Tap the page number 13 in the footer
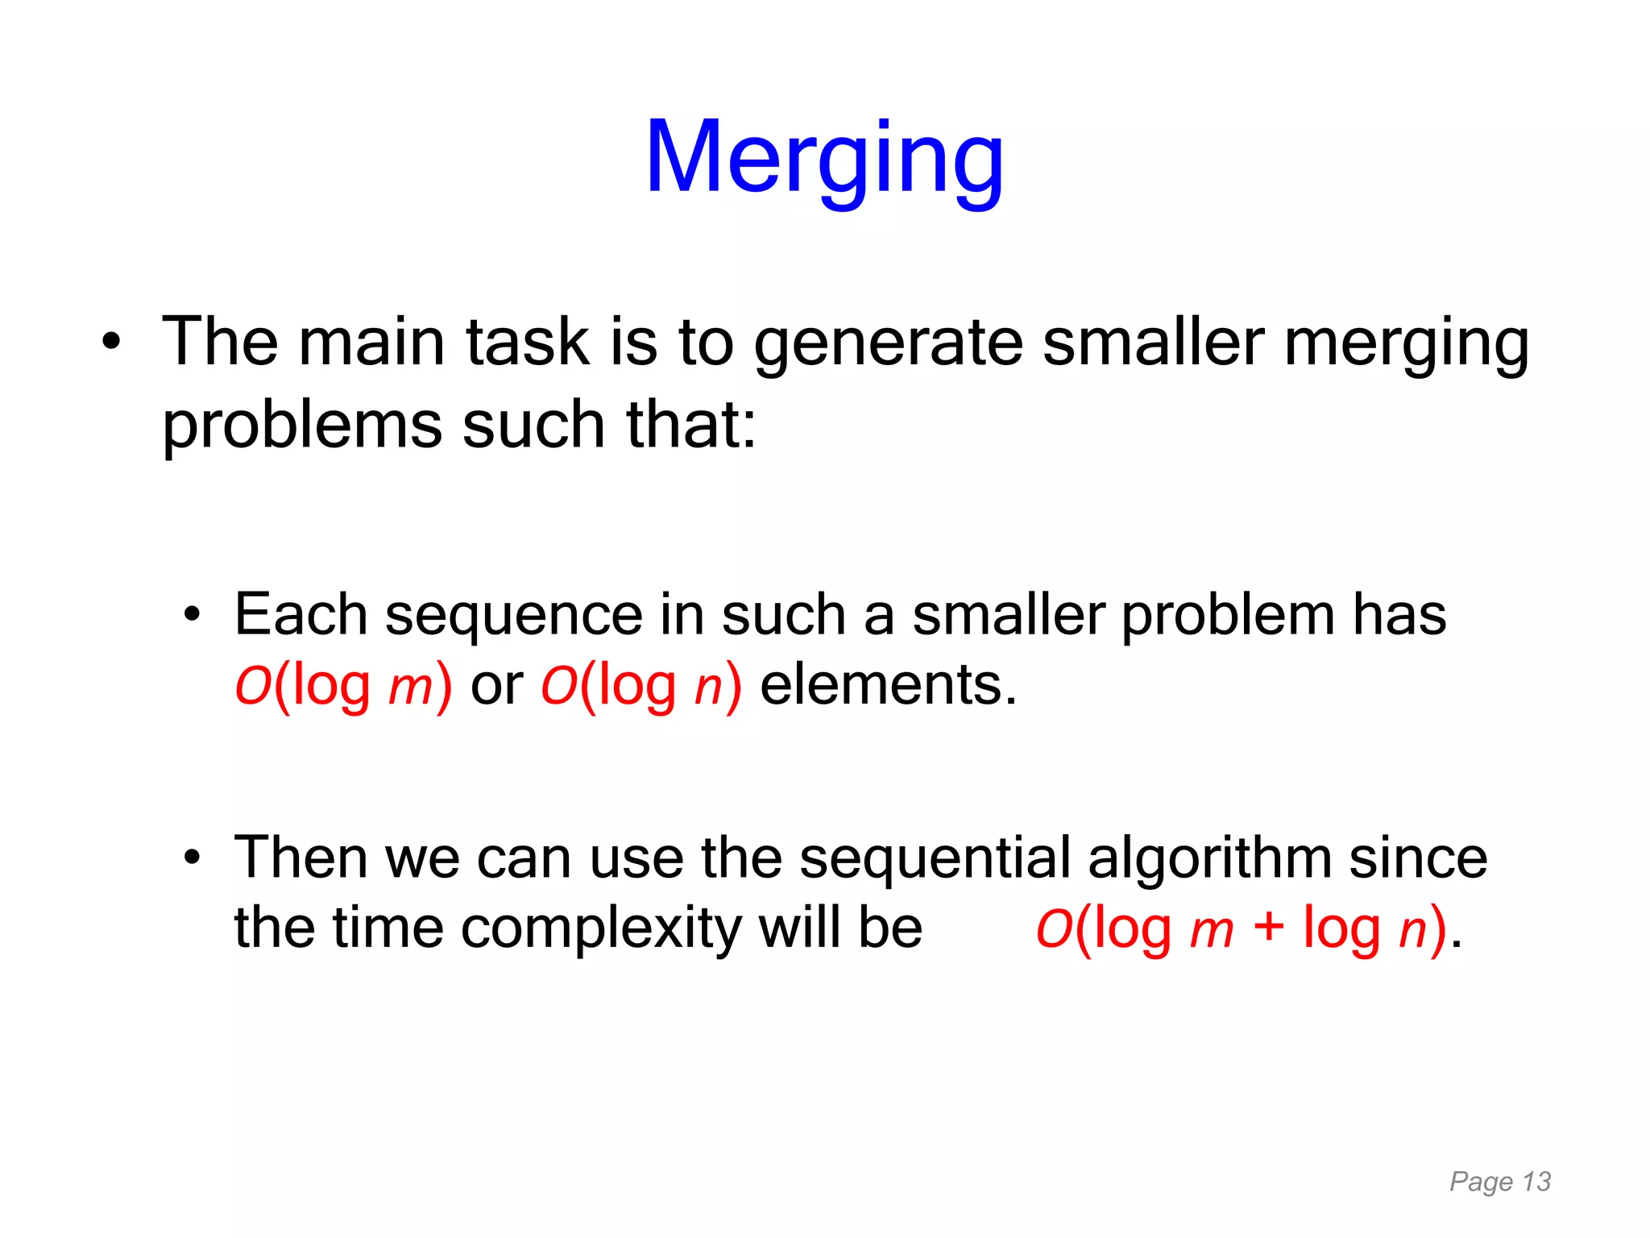pos(1536,1182)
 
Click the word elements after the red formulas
pos(889,685)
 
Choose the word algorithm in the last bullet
pos(1208,858)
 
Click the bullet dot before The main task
pos(111,342)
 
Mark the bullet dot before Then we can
pos(191,858)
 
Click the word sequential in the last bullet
pos(935,858)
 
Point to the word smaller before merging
pos(1153,343)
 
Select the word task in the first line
pos(528,343)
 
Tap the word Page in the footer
pos(1481,1182)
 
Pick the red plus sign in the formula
pos(1268,927)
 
